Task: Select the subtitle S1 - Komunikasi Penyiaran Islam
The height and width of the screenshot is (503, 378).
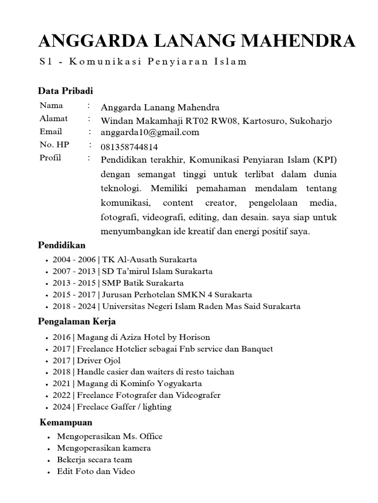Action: point(142,62)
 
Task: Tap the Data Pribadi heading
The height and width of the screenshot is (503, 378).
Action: point(65,91)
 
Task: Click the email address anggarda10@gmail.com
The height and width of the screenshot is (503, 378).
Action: point(150,132)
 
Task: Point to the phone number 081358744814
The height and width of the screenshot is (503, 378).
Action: point(129,147)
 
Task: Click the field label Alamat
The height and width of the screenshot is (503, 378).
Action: point(54,119)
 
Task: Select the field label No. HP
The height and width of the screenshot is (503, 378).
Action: point(54,145)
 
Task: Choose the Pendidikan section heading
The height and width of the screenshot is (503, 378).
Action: point(62,245)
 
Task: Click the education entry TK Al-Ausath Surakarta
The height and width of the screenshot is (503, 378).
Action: point(150,259)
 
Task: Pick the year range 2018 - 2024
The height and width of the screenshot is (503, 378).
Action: point(74,307)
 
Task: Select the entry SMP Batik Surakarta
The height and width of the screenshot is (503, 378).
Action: point(143,283)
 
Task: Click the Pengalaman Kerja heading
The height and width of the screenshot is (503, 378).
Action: point(77,322)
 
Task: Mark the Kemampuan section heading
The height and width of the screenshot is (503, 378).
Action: point(66,422)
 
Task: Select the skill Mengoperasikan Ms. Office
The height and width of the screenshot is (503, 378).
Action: point(109,436)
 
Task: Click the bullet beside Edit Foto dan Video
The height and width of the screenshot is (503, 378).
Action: point(49,472)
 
